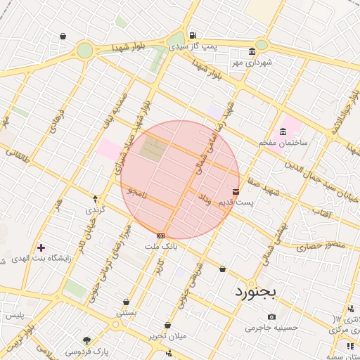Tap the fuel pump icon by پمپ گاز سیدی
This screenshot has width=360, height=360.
coord(193,36)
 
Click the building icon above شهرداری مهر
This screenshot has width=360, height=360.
coord(252,52)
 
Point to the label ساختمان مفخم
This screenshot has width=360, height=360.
coord(283,143)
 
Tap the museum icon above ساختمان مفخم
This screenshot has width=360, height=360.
coord(283,131)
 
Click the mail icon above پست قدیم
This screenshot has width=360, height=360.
coord(236,191)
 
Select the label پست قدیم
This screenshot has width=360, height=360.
coord(235,202)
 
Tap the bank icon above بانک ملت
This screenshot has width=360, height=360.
coord(161,236)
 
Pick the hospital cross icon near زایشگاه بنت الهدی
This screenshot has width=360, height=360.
coord(41,247)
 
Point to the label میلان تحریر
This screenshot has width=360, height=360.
coord(167,336)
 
